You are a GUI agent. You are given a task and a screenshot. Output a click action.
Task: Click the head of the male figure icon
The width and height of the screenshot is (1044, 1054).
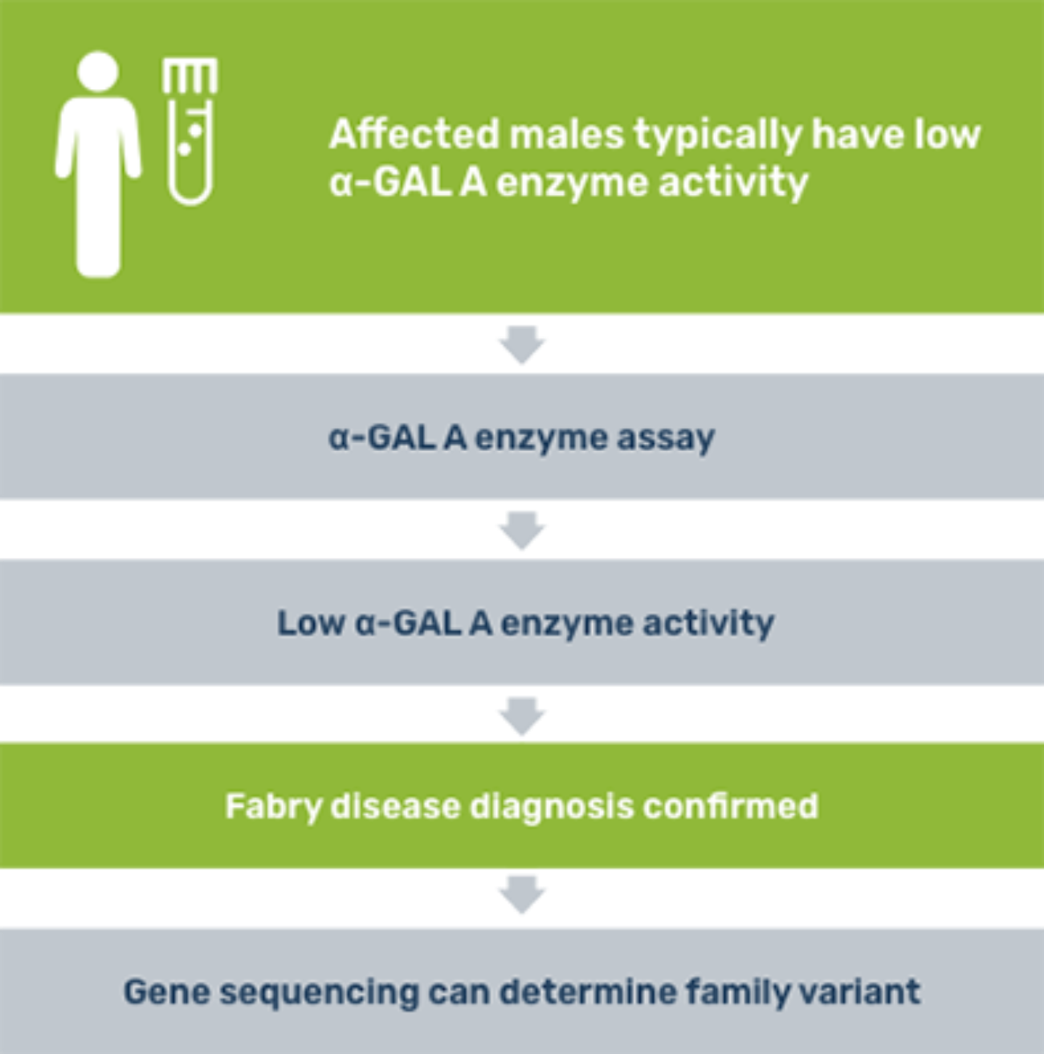98,71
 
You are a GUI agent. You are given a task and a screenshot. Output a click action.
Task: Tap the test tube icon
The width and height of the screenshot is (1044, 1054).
190,132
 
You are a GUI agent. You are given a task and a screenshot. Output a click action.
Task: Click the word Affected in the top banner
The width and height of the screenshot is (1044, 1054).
414,134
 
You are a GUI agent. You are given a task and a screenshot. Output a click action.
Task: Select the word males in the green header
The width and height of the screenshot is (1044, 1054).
567,134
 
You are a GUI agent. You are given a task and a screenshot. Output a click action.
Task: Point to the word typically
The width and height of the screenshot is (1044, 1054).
717,136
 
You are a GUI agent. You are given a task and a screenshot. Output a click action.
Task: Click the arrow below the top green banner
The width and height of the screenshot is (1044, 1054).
522,344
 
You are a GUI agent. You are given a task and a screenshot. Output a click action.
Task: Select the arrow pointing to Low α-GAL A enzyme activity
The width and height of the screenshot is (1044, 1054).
522,531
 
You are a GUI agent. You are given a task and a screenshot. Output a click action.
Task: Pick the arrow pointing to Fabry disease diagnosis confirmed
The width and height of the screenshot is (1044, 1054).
522,717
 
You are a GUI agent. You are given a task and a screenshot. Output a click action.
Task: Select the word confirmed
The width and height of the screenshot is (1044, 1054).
730,806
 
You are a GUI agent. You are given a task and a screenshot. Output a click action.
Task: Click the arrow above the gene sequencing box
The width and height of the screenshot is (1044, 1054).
522,895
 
